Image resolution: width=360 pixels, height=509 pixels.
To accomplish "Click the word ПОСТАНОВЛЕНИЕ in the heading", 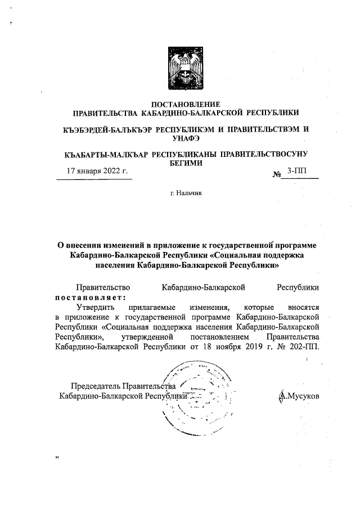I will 186,103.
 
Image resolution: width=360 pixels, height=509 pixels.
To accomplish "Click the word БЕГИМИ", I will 186,162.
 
